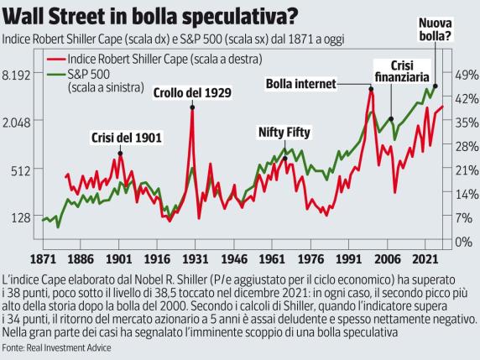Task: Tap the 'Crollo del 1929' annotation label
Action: pos(193,91)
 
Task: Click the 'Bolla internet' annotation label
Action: pos(300,83)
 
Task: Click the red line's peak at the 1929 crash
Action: pos(193,107)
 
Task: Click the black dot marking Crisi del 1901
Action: pos(120,153)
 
